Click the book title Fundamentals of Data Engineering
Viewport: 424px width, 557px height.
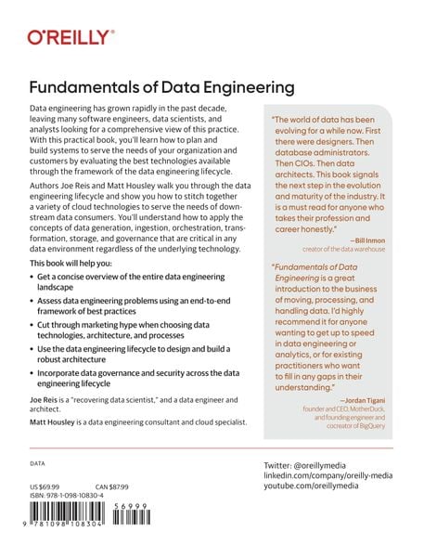point(162,88)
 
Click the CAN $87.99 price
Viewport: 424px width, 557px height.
point(112,487)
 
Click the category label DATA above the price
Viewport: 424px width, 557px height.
point(38,461)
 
